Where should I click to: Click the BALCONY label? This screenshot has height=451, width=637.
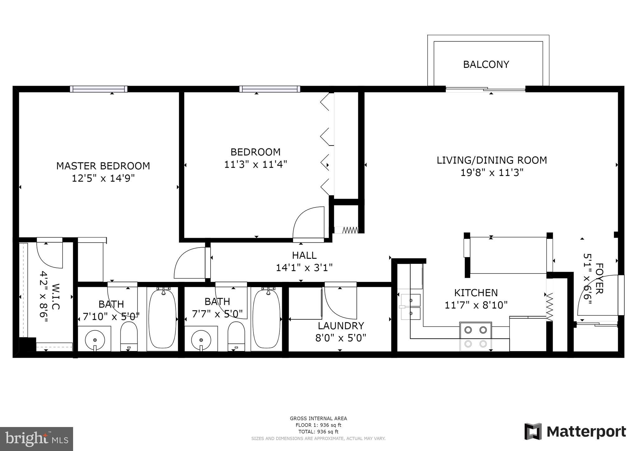tap(486, 64)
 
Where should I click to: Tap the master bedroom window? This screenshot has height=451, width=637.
tap(99, 89)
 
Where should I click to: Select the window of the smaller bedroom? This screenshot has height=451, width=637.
tap(270, 89)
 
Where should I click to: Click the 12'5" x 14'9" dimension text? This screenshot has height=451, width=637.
tap(103, 178)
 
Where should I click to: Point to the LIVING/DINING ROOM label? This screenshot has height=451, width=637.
tap(491, 160)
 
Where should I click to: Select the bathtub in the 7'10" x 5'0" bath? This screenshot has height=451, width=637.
tap(163, 319)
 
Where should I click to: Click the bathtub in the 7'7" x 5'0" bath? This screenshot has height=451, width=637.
tap(267, 319)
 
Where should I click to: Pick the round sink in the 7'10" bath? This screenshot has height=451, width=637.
tap(95, 339)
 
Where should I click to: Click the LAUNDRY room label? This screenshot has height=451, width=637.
tap(341, 326)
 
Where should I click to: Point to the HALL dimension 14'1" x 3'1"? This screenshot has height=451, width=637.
tap(304, 268)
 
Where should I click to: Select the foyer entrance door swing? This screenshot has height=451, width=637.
tap(597, 296)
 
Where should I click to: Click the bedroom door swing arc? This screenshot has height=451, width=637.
tap(308, 223)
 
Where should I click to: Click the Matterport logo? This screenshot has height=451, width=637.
tap(575, 432)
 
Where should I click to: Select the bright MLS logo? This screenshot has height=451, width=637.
tap(36, 439)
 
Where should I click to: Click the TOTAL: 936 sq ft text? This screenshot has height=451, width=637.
tap(318, 432)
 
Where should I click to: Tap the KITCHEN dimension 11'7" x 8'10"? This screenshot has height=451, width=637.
tap(476, 305)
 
